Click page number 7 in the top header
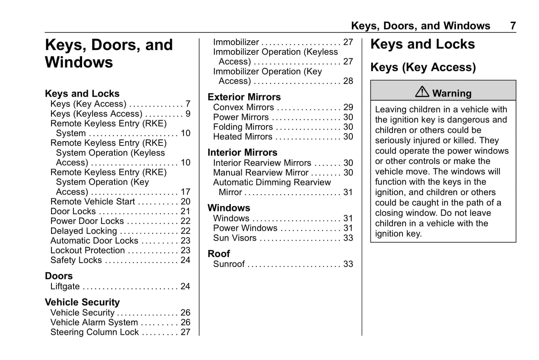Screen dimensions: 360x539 click(x=513, y=26)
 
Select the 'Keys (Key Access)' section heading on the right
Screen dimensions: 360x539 click(x=423, y=68)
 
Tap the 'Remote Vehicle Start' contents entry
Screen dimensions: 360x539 click(x=93, y=202)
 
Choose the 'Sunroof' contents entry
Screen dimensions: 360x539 click(x=229, y=264)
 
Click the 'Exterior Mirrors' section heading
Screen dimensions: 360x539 click(x=244, y=97)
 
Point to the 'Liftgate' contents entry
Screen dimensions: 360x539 click(x=65, y=287)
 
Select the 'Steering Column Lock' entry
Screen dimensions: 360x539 click(x=94, y=332)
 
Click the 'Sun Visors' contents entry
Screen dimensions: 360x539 click(x=235, y=238)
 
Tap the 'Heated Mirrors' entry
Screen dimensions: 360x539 click(x=242, y=137)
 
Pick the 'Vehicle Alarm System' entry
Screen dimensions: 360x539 click(x=94, y=322)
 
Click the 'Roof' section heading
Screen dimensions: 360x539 click(x=219, y=254)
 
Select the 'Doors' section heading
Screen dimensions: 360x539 click(x=59, y=276)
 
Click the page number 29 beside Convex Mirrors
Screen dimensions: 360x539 click(x=348, y=107)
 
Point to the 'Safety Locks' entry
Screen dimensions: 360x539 click(x=76, y=260)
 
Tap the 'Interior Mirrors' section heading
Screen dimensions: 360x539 click(x=242, y=153)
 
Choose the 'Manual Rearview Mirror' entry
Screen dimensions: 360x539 click(x=260, y=173)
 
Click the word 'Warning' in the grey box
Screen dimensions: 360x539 click(x=452, y=93)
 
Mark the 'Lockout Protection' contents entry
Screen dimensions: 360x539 click(x=88, y=251)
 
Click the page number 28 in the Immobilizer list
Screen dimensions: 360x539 click(x=348, y=81)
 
